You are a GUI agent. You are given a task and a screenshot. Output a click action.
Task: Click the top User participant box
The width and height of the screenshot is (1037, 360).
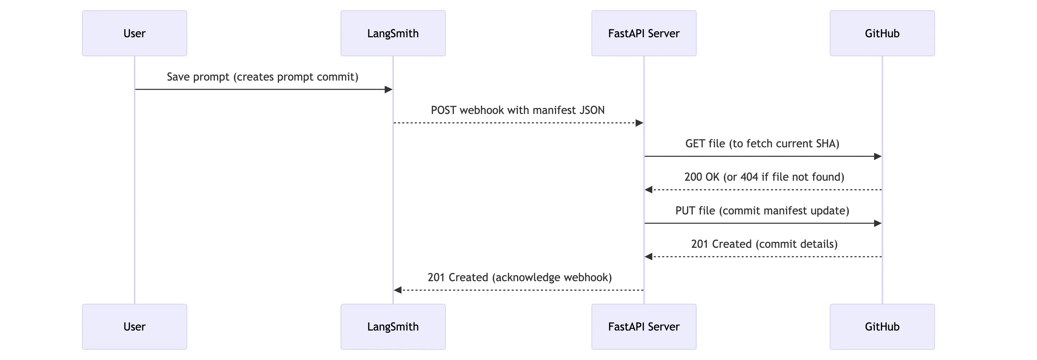[135, 33]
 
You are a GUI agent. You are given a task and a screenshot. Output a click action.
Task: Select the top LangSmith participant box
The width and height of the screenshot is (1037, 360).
[393, 33]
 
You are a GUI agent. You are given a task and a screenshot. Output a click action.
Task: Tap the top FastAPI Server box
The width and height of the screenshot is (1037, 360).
[644, 33]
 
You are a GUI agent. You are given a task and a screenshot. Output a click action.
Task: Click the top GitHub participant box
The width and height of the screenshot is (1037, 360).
[882, 33]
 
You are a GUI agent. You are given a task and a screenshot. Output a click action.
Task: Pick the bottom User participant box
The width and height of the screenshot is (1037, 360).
[135, 327]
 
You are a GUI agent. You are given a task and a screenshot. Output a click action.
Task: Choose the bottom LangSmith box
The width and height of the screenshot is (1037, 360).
[393, 327]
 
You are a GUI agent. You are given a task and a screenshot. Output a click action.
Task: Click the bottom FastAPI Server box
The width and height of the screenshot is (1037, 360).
[644, 327]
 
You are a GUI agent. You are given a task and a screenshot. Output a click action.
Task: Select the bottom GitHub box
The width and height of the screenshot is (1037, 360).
[882, 327]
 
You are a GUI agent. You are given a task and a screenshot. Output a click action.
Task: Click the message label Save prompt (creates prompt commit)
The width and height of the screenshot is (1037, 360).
[263, 77]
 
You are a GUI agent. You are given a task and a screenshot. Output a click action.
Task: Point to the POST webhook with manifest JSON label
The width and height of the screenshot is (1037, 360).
[518, 110]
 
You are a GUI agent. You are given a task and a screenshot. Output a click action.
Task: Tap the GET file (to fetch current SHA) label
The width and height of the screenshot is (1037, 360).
[762, 144]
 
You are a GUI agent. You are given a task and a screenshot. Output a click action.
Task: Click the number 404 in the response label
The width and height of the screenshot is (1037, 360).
[749, 177]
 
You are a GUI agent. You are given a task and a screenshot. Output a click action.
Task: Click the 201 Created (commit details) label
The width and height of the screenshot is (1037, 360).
[764, 244]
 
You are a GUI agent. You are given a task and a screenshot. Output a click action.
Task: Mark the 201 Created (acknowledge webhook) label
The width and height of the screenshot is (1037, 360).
[519, 277]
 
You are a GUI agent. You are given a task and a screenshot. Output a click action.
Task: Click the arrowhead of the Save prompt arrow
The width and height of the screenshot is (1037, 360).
[389, 89]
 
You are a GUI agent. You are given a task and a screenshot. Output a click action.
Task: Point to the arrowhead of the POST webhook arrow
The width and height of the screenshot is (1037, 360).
[639, 123]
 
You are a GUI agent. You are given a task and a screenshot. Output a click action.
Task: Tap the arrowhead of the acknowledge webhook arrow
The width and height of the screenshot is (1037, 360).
[398, 290]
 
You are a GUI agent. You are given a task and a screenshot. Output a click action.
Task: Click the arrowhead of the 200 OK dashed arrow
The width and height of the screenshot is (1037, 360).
[648, 190]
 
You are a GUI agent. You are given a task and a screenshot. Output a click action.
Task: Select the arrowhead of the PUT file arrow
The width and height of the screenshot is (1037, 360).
[878, 223]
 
